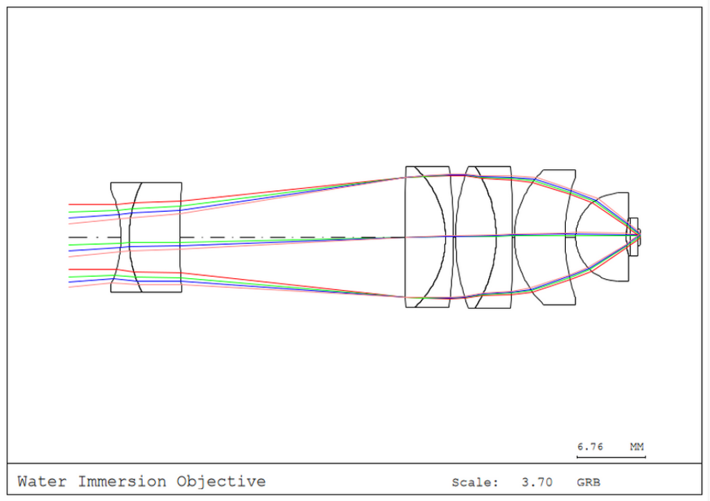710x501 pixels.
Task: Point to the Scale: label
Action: pyautogui.click(x=474, y=482)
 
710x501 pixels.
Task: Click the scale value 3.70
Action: pyautogui.click(x=536, y=482)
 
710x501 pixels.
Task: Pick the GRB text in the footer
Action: pyautogui.click(x=588, y=482)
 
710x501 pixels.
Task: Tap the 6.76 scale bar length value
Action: pyautogui.click(x=590, y=447)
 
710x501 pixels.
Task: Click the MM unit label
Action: pyautogui.click(x=637, y=447)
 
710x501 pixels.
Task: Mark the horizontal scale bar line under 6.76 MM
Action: pyautogui.click(x=611, y=457)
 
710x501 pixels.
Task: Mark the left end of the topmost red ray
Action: pyautogui.click(x=70, y=205)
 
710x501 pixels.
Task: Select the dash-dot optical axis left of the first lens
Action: pyautogui.click(x=90, y=237)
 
